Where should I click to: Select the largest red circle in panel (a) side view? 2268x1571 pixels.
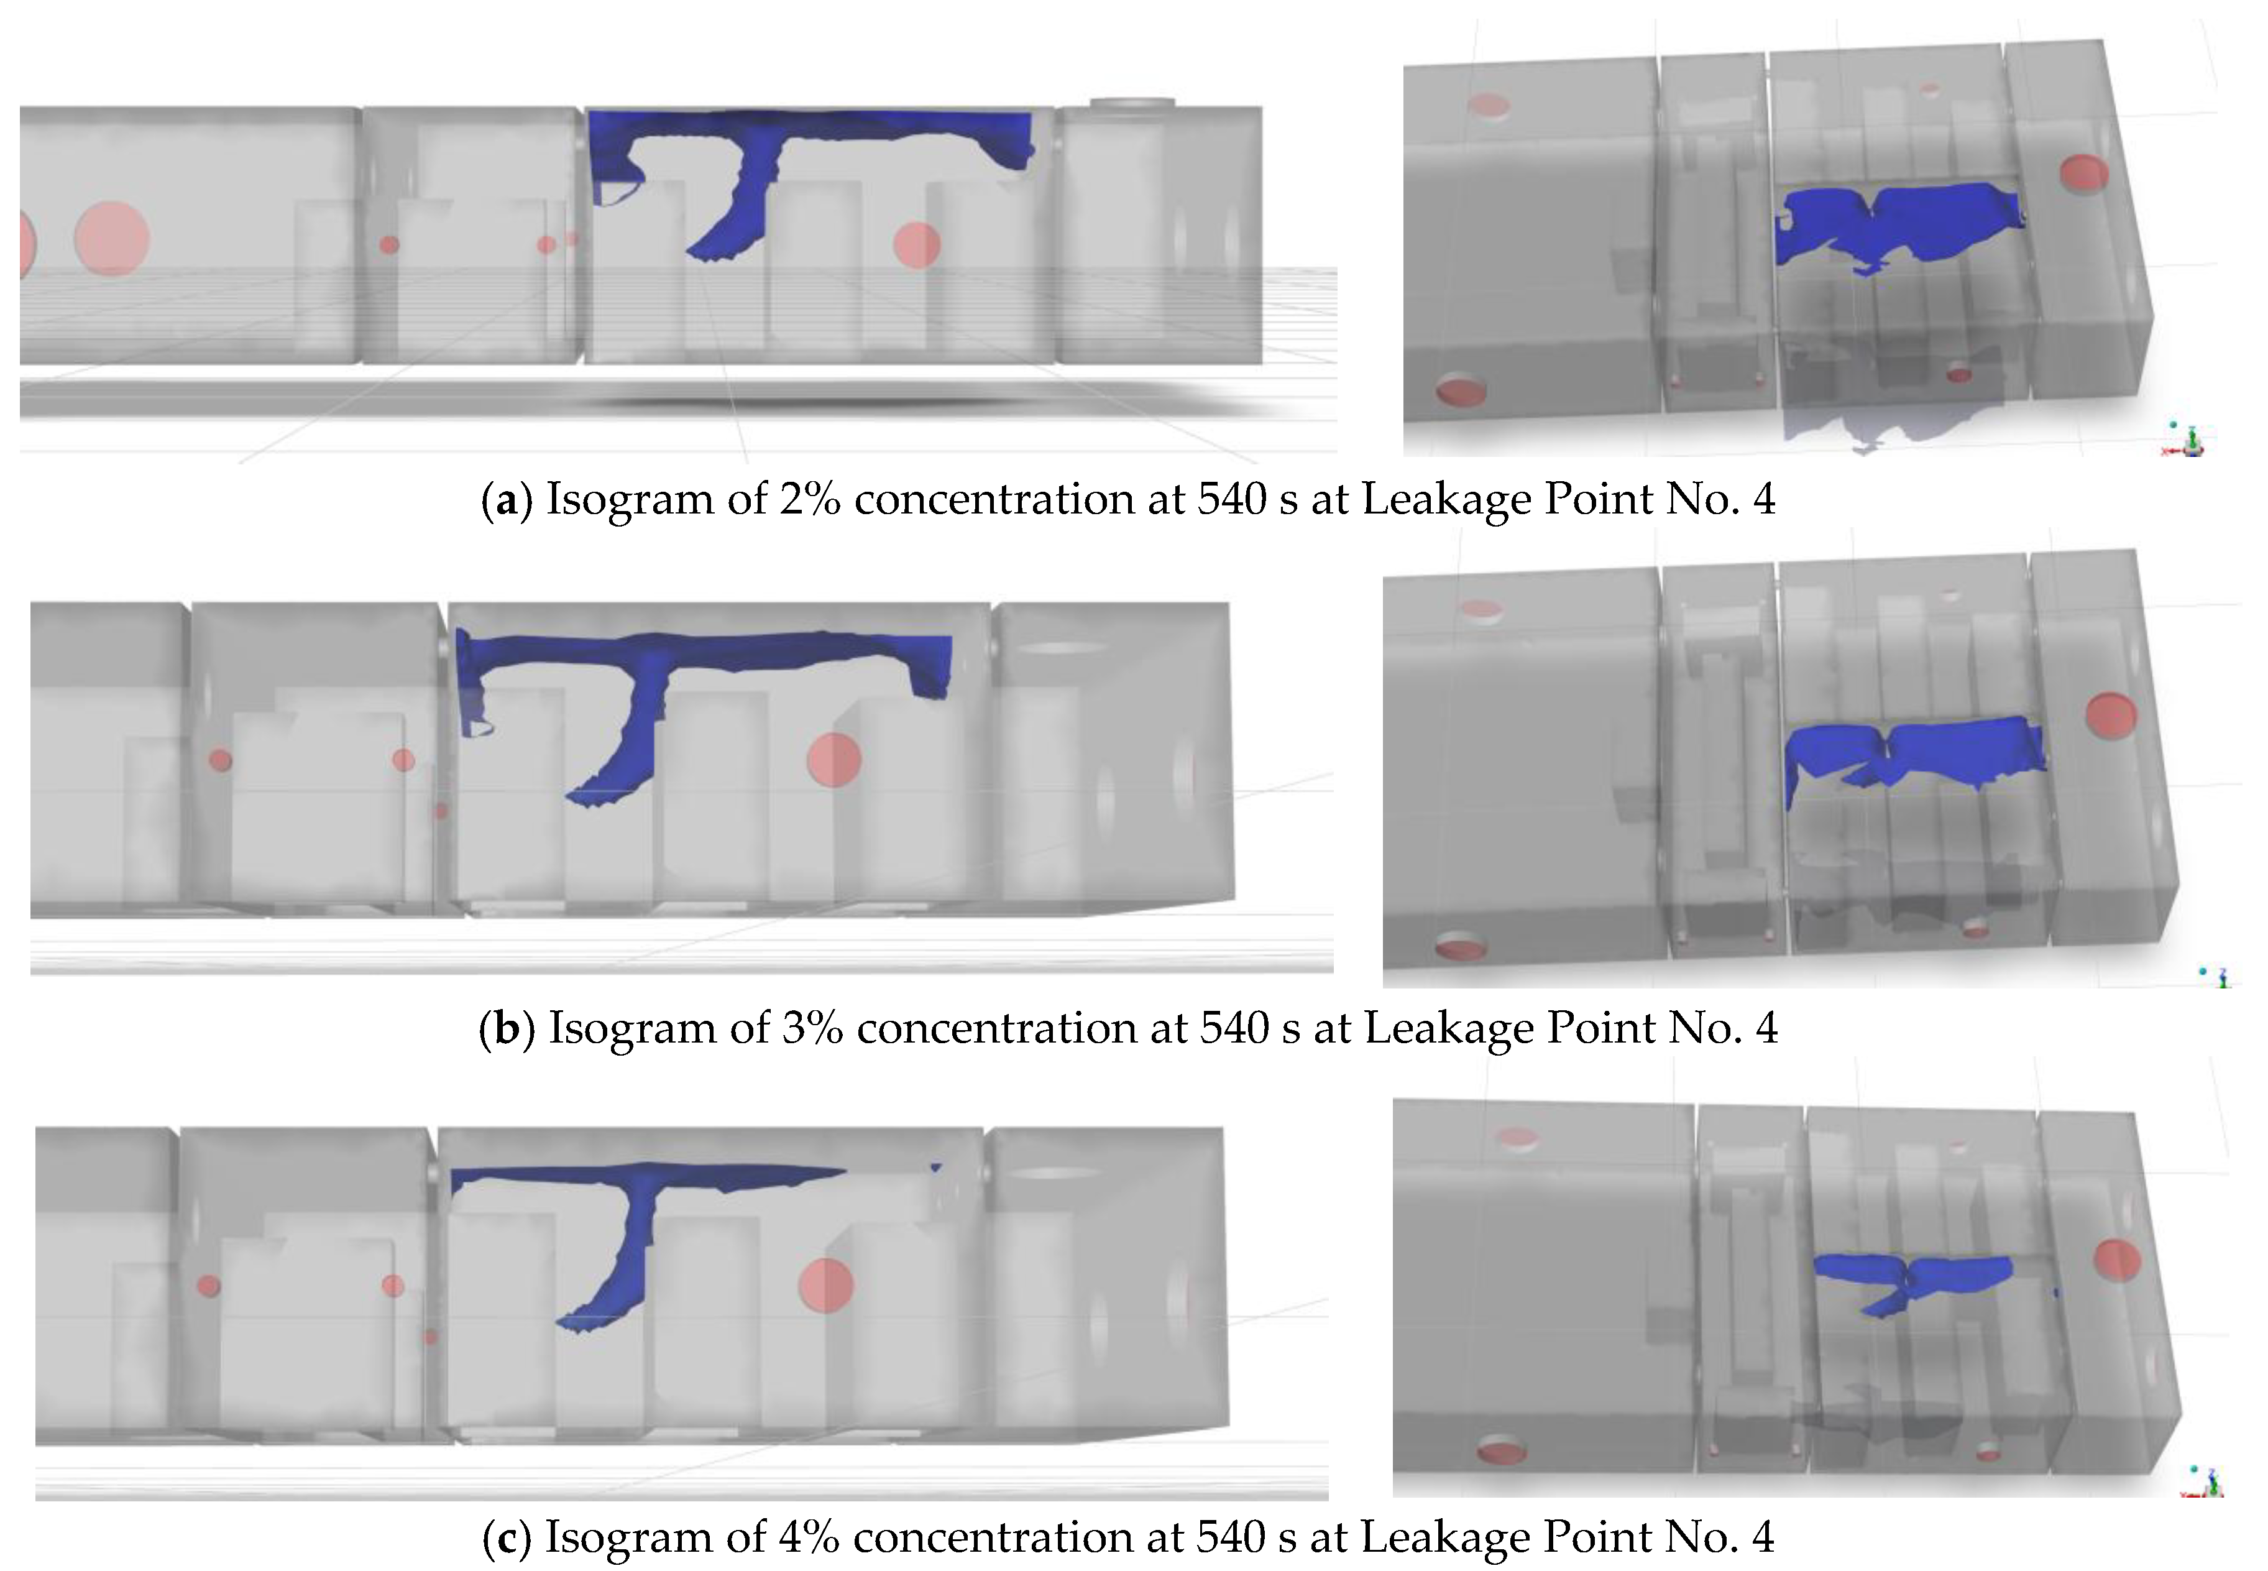111,239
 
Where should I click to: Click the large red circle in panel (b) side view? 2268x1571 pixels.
833,760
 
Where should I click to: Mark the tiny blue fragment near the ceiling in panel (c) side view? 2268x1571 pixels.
936,1168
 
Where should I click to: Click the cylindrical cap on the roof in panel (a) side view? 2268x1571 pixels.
1132,103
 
